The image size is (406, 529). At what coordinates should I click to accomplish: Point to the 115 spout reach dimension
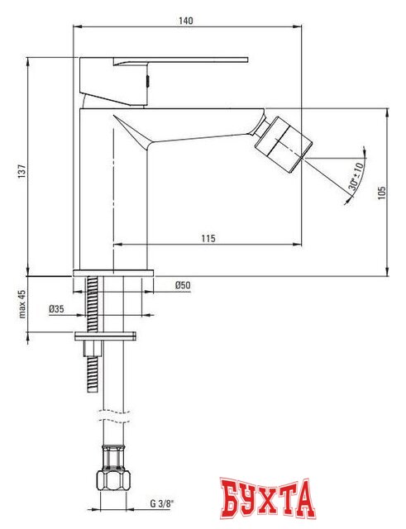click(207, 238)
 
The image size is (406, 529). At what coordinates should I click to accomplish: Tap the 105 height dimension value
click(381, 192)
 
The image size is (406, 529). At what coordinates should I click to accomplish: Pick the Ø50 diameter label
click(182, 286)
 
